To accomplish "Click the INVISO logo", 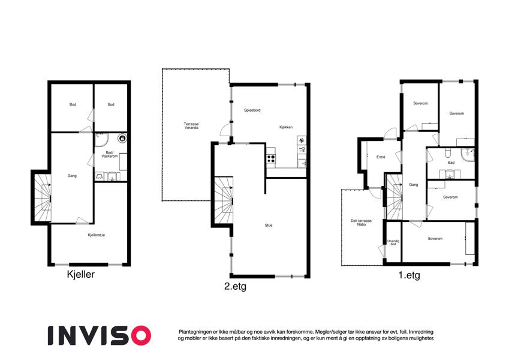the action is [x=100, y=335].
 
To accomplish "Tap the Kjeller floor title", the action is [x=80, y=274].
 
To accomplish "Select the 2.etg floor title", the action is [x=236, y=287].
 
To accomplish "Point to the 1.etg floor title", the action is [x=409, y=275].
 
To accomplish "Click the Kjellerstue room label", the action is [x=97, y=235].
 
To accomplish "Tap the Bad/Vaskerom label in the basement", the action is [x=109, y=154].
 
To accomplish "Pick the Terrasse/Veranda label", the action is [x=191, y=126].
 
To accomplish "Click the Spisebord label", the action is [x=252, y=110].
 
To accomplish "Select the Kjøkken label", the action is [x=286, y=127].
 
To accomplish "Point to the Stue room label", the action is [x=269, y=225].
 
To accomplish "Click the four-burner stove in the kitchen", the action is [x=271, y=158].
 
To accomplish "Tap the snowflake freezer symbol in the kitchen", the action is [x=302, y=140].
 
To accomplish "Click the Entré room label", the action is [x=381, y=157].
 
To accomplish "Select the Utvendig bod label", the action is [x=393, y=242].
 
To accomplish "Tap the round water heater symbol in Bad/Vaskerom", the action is [x=122, y=139].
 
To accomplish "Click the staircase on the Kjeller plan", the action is [x=43, y=197].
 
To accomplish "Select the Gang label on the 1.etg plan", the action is [x=414, y=185].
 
